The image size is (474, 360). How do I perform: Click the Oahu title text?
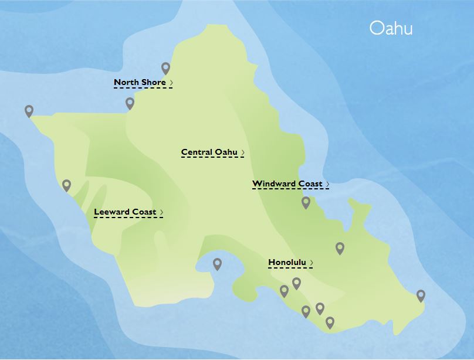tap(391, 28)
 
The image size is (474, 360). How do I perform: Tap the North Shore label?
tap(140, 83)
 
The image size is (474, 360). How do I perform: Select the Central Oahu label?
tap(209, 152)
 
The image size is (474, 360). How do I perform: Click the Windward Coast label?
tap(287, 184)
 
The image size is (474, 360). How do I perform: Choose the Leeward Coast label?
tap(125, 212)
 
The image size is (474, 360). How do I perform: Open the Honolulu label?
tap(287, 263)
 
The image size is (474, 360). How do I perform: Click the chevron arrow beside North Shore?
tap(171, 83)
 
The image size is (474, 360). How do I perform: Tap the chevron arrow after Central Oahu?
tap(243, 153)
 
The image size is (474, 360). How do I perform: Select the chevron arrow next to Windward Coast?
tap(327, 185)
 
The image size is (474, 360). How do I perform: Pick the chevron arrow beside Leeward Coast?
tap(161, 213)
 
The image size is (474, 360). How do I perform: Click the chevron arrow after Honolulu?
tap(312, 263)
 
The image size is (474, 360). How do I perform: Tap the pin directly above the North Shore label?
tap(165, 69)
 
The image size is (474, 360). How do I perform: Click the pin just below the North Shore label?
tap(130, 103)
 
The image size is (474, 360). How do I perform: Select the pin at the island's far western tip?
tap(29, 110)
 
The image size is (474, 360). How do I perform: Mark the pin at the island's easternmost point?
tap(421, 296)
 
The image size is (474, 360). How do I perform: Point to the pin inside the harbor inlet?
tap(217, 264)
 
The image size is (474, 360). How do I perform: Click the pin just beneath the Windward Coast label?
tap(306, 202)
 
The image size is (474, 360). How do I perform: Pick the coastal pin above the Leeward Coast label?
tap(67, 185)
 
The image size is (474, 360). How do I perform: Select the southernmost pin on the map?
tap(330, 322)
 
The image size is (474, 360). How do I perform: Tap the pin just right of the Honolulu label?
tap(340, 248)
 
